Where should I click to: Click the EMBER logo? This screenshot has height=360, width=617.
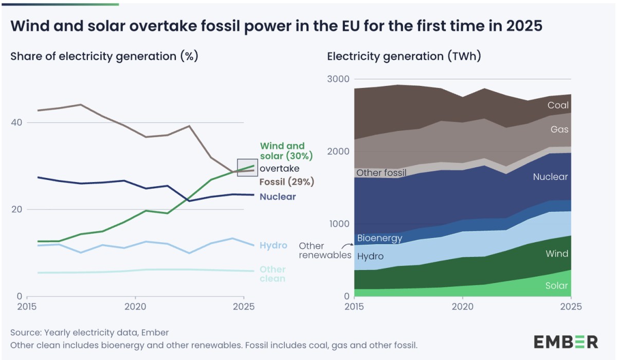(566, 341)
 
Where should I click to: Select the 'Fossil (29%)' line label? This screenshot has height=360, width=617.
(287, 182)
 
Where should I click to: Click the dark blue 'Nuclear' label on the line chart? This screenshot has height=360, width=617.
(278, 196)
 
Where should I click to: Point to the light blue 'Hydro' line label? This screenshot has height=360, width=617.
(274, 245)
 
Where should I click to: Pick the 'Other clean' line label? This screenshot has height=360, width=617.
(273, 274)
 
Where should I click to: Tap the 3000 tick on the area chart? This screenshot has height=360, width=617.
(337, 79)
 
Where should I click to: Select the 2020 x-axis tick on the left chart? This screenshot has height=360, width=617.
(135, 307)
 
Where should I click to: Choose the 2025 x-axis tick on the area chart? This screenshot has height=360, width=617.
(571, 307)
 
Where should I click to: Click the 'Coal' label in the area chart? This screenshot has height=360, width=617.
(558, 105)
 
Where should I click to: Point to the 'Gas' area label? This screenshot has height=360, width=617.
(559, 130)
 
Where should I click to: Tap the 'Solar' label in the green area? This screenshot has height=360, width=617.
(556, 286)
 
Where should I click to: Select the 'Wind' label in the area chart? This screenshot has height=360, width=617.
(557, 254)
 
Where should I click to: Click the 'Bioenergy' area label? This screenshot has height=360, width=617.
(379, 239)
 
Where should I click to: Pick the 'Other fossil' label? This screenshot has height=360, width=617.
(382, 173)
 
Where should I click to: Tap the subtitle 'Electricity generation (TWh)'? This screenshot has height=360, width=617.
(404, 57)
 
